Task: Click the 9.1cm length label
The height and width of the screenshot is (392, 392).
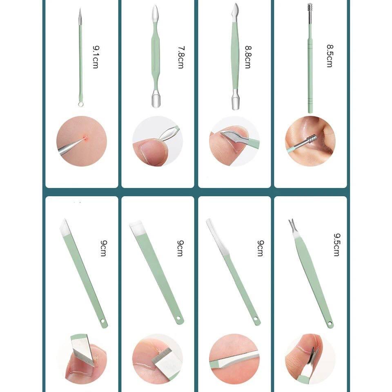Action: point(96,57)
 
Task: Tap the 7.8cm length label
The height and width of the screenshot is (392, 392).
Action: point(181,57)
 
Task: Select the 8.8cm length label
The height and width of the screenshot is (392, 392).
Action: point(248,57)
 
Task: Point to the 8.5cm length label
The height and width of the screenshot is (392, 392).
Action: point(330,56)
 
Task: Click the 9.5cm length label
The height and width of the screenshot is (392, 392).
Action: point(337,245)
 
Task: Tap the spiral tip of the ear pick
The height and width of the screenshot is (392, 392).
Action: point(310,9)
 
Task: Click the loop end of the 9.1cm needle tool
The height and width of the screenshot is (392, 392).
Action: point(80,103)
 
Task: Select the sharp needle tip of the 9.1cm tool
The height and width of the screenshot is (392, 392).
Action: point(80,9)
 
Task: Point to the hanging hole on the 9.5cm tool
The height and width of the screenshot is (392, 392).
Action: point(330,324)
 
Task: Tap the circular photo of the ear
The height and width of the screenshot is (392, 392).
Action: point(310,141)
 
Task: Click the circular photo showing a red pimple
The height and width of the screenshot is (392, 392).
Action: point(82,141)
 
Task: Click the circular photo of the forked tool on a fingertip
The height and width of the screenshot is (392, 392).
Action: point(310,359)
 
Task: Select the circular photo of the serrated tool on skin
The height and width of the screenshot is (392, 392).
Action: point(234,359)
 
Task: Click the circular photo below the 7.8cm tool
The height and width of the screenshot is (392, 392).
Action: point(158,141)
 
